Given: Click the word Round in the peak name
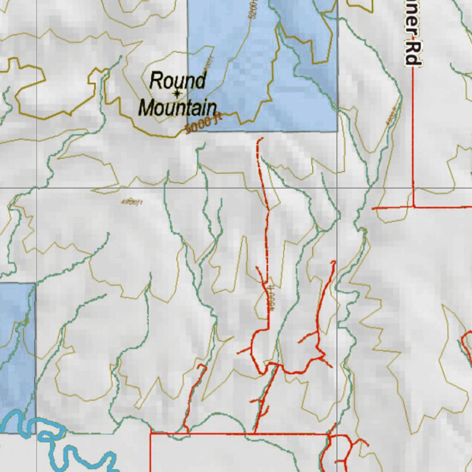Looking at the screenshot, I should pos(177,81).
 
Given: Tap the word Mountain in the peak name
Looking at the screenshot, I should pos(177,108).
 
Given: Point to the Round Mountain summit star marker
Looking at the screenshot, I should pos(177,94).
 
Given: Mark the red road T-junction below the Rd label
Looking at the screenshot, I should pos(413,207).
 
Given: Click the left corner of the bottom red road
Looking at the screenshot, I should pos(151,433).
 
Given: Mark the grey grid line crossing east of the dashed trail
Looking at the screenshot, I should pos(337,188).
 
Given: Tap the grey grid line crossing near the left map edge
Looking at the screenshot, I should pos(36,188).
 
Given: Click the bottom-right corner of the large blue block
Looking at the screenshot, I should pos(337,131).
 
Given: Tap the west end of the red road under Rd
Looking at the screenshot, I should pos(373,208).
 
